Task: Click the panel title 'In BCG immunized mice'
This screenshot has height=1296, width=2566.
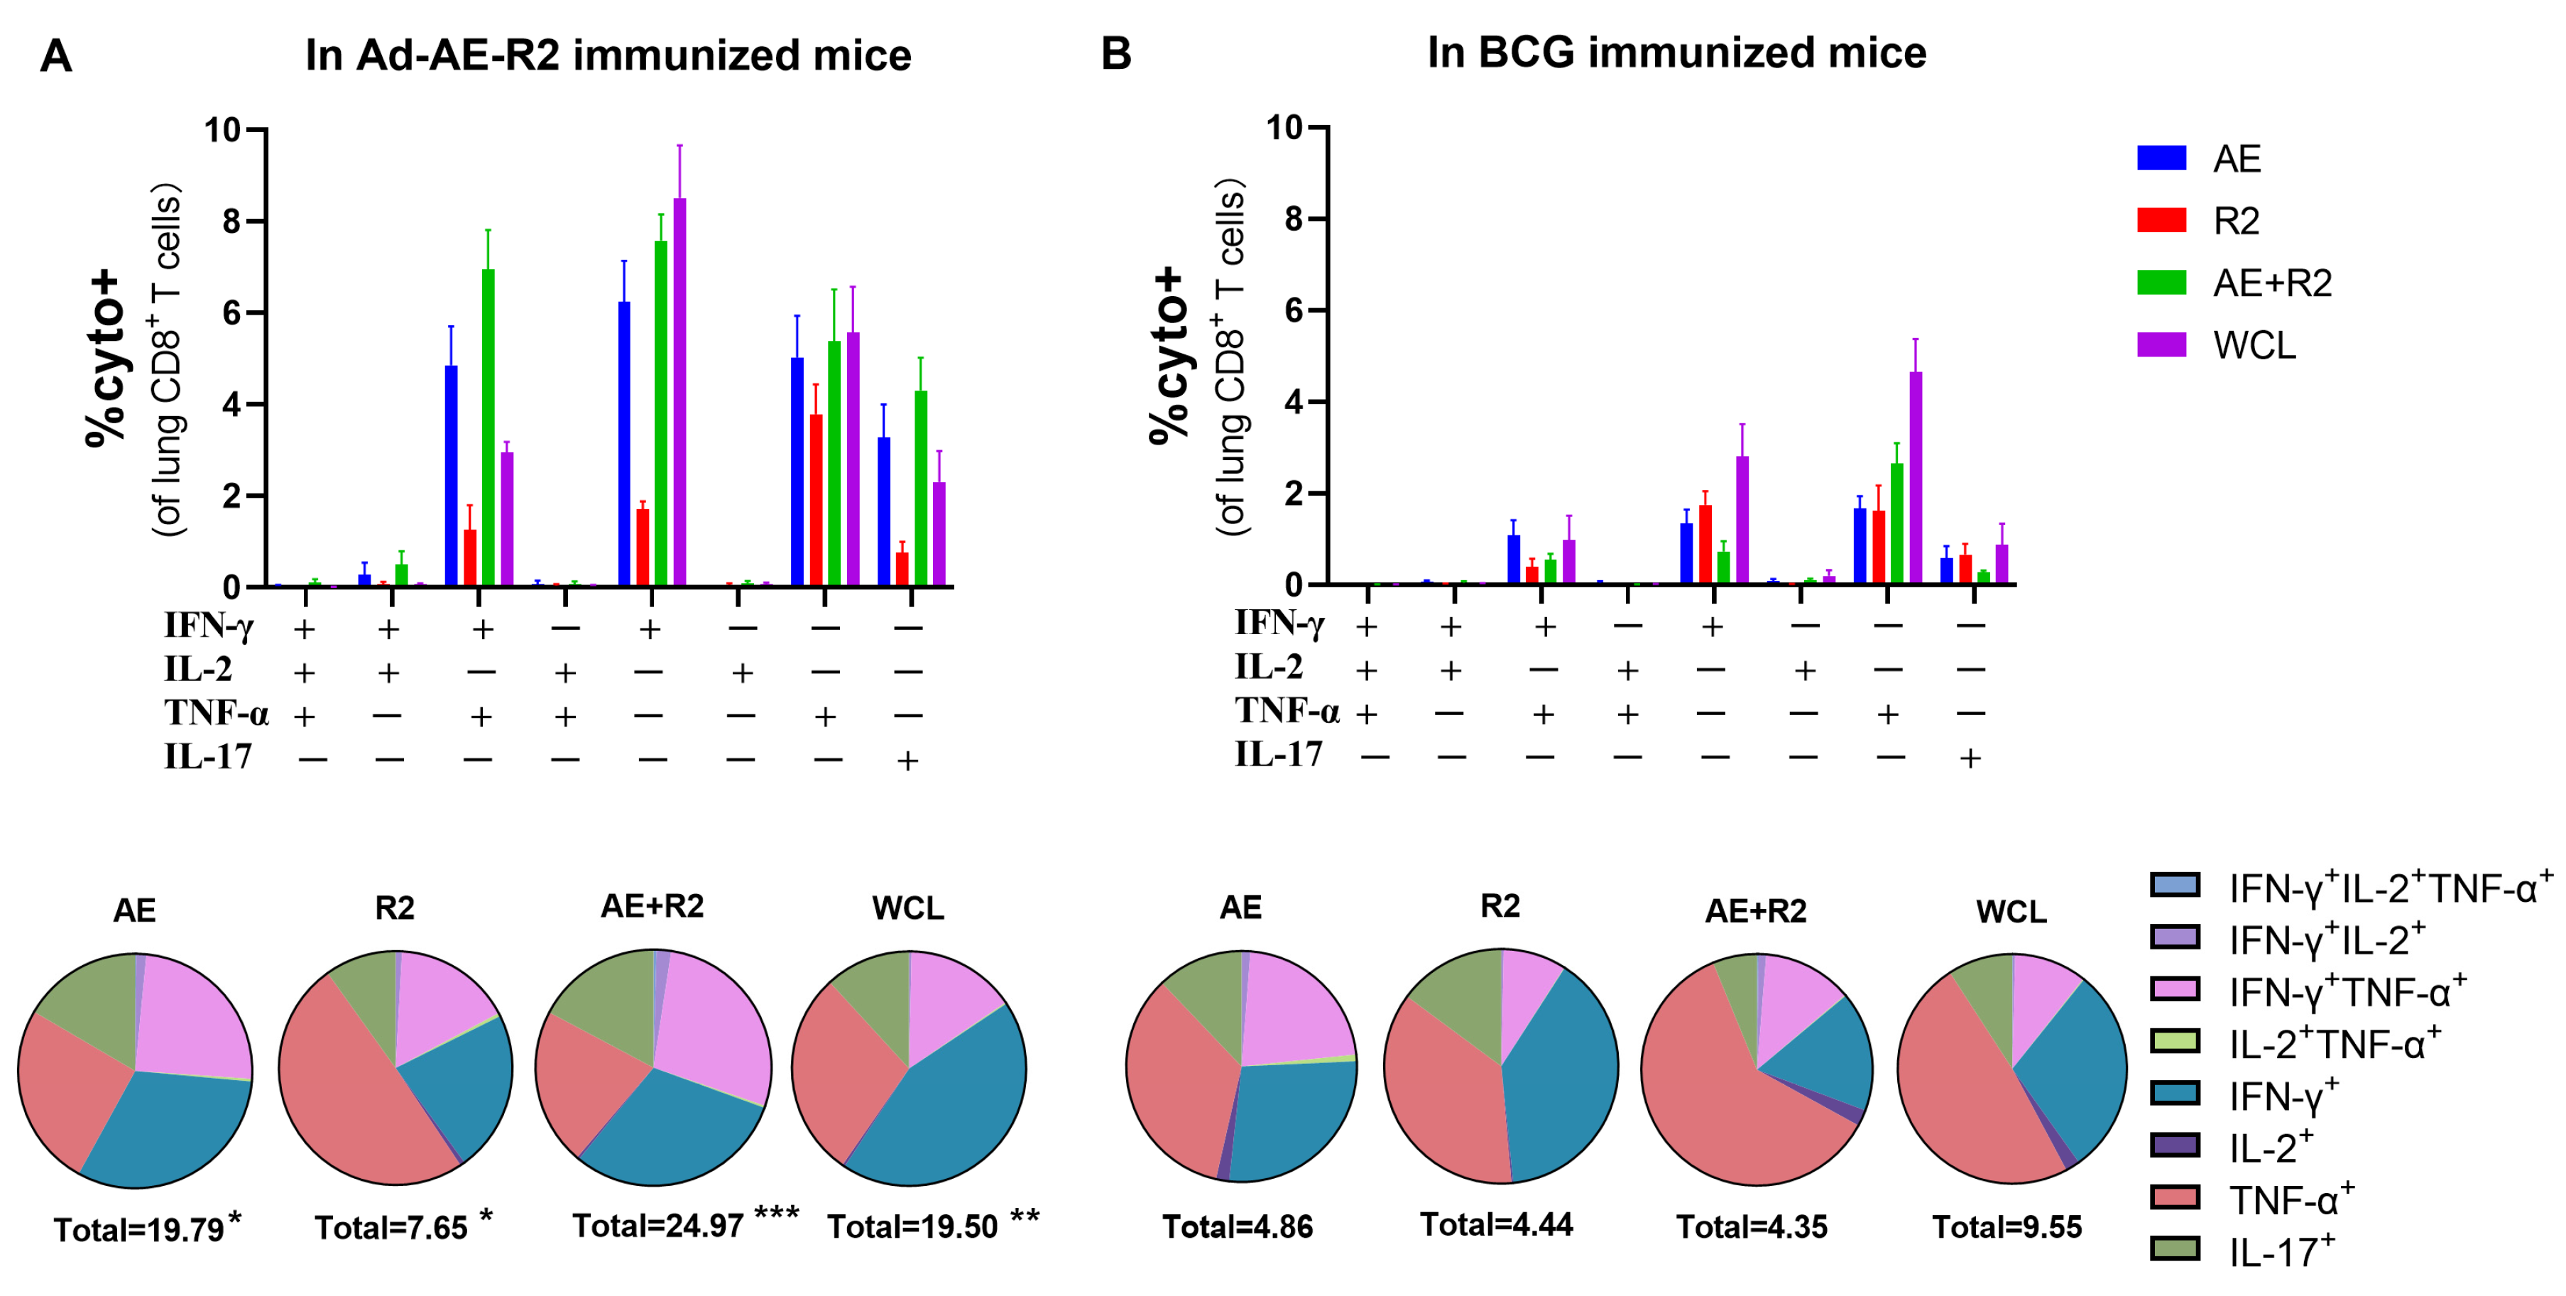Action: [1676, 52]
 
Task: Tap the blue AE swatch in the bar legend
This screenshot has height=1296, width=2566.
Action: [2161, 158]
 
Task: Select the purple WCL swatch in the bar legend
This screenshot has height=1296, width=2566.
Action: [2161, 344]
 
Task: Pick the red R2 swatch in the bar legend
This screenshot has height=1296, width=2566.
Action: [2161, 220]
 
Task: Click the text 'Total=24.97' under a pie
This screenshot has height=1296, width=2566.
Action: [657, 1225]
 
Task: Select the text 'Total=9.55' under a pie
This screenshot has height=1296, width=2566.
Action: [2007, 1227]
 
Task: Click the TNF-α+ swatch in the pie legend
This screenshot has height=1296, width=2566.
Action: [2175, 1197]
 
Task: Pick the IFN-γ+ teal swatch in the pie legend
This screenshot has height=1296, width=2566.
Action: [2175, 1093]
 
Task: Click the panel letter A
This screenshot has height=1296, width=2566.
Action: [56, 56]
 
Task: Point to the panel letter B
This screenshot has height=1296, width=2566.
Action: [1115, 53]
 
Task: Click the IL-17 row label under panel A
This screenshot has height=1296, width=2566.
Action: [207, 757]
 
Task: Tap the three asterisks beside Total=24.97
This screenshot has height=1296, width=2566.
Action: [776, 1214]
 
